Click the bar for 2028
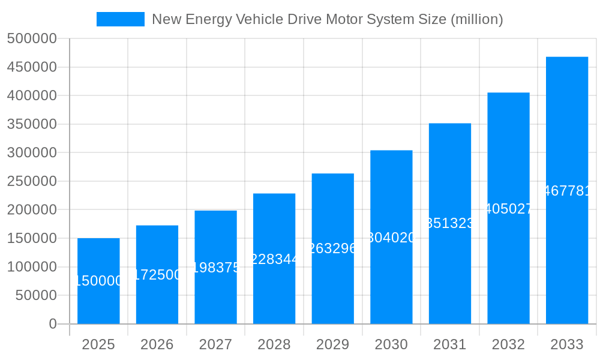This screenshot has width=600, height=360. [x=274, y=259]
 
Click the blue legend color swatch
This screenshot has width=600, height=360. [x=121, y=19]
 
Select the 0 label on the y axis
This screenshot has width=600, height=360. [x=53, y=324]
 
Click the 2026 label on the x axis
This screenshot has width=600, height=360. [x=157, y=344]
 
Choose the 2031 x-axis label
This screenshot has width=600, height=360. [x=450, y=344]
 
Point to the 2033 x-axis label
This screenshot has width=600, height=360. [x=567, y=344]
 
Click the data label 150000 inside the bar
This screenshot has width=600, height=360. [x=98, y=281]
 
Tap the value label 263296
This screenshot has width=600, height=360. [x=333, y=248]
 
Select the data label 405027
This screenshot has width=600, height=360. [x=509, y=209]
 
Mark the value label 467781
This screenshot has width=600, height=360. [x=567, y=191]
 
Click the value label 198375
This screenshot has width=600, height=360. [x=216, y=268]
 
